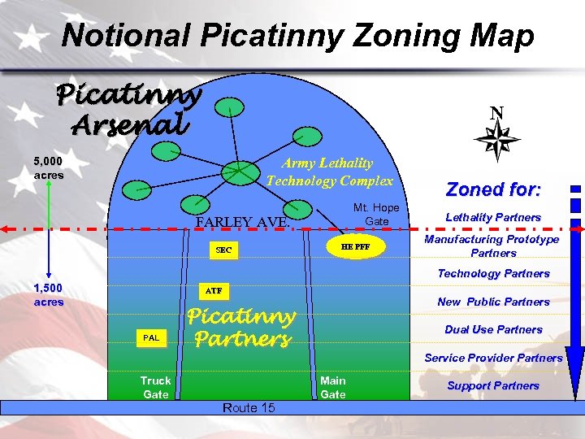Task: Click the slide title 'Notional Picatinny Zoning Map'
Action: pyautogui.click(x=298, y=36)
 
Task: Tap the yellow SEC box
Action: pyautogui.click(x=223, y=250)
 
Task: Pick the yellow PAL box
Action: pyautogui.click(x=151, y=337)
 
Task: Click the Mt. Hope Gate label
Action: pyautogui.click(x=376, y=215)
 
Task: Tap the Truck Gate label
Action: pyautogui.click(x=155, y=387)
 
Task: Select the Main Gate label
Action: pyautogui.click(x=332, y=387)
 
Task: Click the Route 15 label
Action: pyautogui.click(x=248, y=407)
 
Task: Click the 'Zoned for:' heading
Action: pyautogui.click(x=493, y=189)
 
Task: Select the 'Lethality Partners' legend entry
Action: pyautogui.click(x=493, y=217)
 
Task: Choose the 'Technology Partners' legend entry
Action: pyautogui.click(x=493, y=273)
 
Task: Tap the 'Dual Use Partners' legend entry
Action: pyautogui.click(x=493, y=329)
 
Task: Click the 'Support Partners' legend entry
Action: pyautogui.click(x=493, y=385)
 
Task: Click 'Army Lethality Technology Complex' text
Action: pyautogui.click(x=329, y=172)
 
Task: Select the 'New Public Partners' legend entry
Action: pyautogui.click(x=493, y=302)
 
